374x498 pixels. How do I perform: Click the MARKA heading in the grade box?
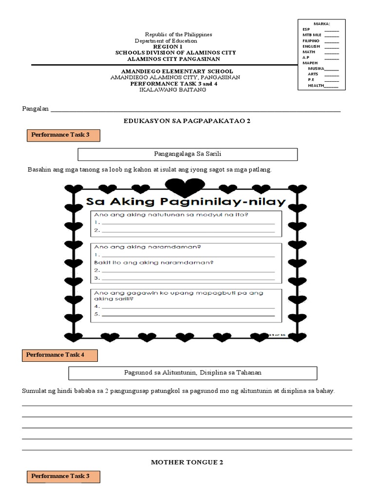(x=322, y=23)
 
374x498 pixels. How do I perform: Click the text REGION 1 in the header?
(x=166, y=47)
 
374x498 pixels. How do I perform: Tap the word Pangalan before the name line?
(x=36, y=109)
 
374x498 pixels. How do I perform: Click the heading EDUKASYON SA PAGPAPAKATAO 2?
(x=187, y=121)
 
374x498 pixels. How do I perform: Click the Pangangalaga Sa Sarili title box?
(x=187, y=155)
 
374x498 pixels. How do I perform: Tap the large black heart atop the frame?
(x=182, y=187)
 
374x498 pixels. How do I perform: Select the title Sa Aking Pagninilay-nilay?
(x=186, y=201)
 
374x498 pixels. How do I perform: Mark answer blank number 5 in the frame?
(x=187, y=314)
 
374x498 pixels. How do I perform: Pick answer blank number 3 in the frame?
(x=187, y=278)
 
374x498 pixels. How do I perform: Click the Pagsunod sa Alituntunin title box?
(x=193, y=373)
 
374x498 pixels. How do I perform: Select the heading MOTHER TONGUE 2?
(x=187, y=462)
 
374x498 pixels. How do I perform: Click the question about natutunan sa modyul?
(x=171, y=215)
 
